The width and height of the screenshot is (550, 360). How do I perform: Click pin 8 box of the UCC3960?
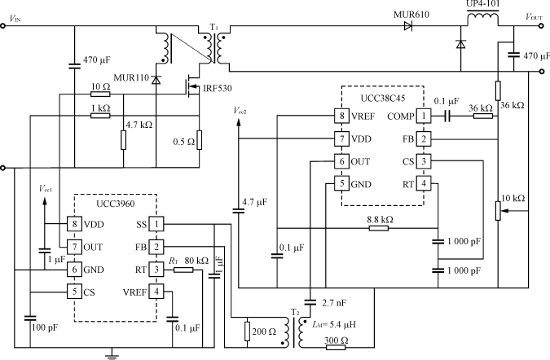pos(75,224)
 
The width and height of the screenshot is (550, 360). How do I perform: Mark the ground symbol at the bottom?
pos(112,353)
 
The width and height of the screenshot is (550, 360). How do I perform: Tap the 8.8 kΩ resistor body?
pos(378,228)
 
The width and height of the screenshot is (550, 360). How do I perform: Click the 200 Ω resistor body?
pos(246,331)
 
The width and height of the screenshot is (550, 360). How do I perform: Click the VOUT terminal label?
pos(534,15)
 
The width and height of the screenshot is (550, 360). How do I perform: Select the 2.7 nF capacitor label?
pos(332,303)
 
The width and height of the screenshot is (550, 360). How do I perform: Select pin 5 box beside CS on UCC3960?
pos(75,292)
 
